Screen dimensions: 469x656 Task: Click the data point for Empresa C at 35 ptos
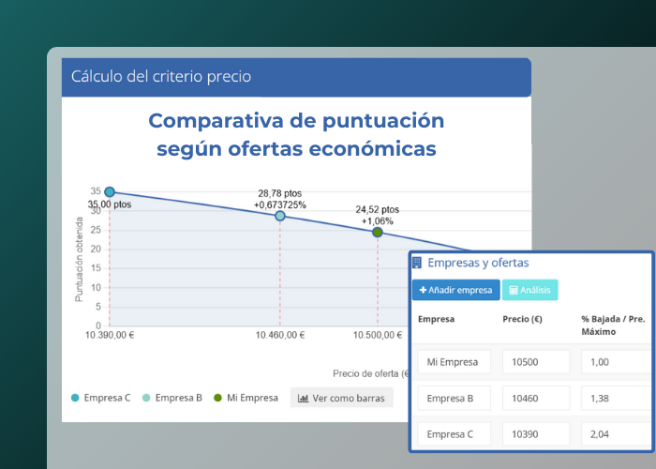[x=110, y=192]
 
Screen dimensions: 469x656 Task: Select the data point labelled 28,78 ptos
[x=280, y=216]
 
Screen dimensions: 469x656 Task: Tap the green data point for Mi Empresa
[x=378, y=232]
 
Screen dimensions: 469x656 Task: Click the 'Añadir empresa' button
[x=455, y=290]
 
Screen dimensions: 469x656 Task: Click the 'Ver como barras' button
[x=342, y=398]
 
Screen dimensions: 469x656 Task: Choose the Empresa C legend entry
[x=101, y=398]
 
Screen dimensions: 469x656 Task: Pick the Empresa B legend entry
[x=172, y=398]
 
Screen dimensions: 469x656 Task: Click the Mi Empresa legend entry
[x=246, y=398]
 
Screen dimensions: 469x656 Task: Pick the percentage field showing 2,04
[x=614, y=434]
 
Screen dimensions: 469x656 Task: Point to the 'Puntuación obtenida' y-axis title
[x=80, y=260]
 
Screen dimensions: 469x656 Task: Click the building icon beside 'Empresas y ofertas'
[x=417, y=263]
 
